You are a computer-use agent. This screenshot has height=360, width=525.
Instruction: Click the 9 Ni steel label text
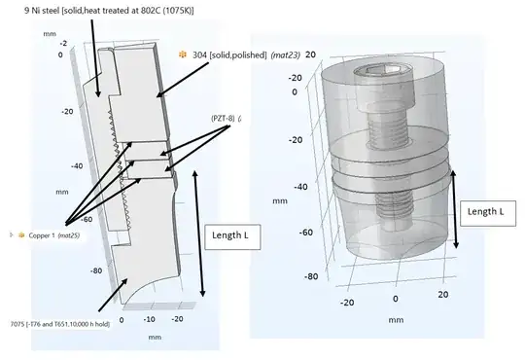pyautogui.click(x=109, y=11)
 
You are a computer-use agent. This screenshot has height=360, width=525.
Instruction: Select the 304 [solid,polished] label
pyautogui.click(x=229, y=54)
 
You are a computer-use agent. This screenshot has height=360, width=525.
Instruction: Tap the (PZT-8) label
pyautogui.click(x=223, y=119)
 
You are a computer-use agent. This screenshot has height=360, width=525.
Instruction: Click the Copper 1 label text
pyautogui.click(x=42, y=235)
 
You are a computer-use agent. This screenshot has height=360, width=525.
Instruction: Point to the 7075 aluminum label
pyautogui.click(x=60, y=324)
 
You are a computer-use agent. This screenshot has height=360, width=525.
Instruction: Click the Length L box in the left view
pyautogui.click(x=232, y=237)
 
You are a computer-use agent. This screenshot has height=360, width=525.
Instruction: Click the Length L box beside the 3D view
pyautogui.click(x=488, y=213)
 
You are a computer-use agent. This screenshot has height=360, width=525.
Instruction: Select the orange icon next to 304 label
pyautogui.click(x=183, y=54)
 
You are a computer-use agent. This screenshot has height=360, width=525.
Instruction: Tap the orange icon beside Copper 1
pyautogui.click(x=21, y=234)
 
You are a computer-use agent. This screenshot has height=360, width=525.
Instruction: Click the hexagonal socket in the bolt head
pyautogui.click(x=383, y=70)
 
